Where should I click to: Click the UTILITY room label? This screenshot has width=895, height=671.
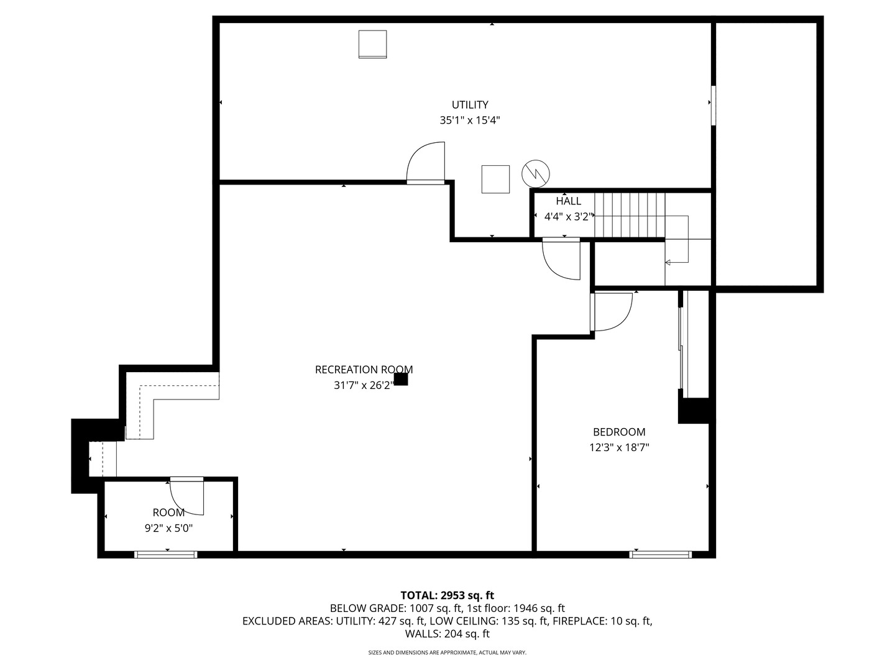470,105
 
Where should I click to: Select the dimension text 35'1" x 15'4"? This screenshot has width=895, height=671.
470,121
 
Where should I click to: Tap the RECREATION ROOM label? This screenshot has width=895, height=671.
364,370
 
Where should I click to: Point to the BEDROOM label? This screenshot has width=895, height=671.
619,432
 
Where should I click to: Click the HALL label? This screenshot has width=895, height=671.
569,201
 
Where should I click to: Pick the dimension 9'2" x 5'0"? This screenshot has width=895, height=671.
168,529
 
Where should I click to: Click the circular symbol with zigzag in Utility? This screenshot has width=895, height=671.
536,174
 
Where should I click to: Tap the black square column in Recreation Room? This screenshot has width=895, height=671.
401,379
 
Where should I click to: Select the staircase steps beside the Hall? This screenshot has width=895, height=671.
630,215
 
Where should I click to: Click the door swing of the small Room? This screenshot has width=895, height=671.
186,497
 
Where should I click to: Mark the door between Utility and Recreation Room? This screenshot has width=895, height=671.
426,163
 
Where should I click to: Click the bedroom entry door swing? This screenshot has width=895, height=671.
612,311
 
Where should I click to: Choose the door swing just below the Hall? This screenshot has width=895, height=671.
561,258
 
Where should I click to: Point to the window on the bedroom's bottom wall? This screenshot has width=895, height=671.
661,554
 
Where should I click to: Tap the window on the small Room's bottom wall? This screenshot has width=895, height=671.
166,554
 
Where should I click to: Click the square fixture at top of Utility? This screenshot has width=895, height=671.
373,44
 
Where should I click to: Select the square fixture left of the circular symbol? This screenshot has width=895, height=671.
495,180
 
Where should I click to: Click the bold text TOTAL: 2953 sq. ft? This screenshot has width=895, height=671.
447,595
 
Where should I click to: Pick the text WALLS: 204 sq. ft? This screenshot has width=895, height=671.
447,634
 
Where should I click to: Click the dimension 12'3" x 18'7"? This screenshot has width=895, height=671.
619,447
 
